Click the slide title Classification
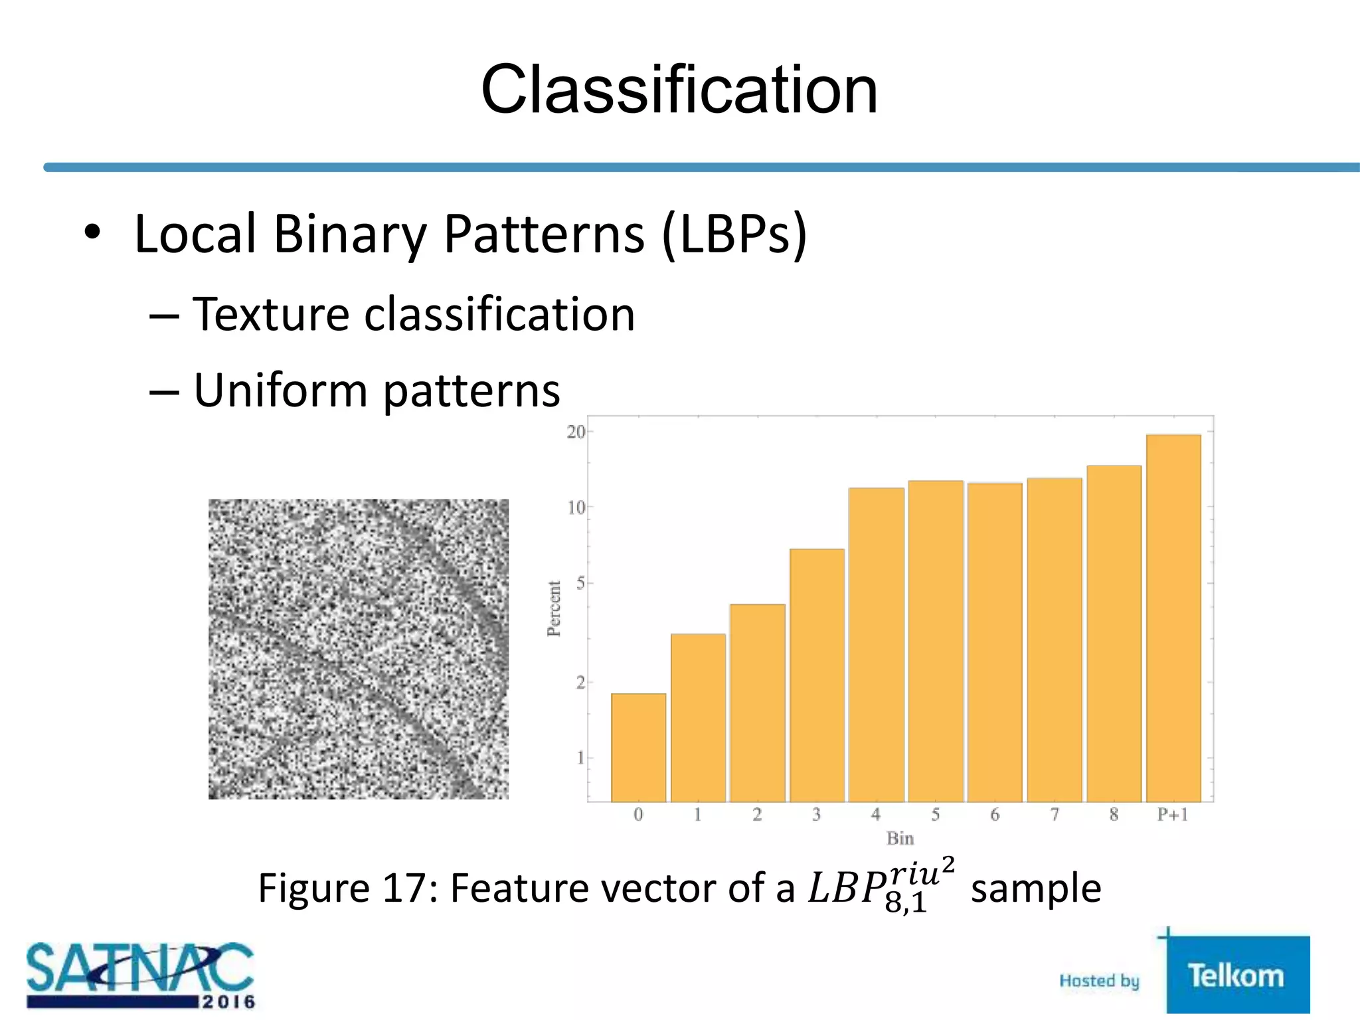(679, 90)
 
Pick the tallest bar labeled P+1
(1173, 618)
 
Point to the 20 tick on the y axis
(576, 432)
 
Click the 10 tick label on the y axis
(576, 508)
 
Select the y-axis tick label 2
(580, 682)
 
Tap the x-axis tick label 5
(935, 815)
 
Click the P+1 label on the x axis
(1173, 815)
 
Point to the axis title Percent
(554, 608)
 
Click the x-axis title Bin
(900, 839)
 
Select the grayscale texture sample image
(359, 649)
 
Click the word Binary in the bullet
(350, 234)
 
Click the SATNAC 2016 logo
(140, 976)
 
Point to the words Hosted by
(1099, 981)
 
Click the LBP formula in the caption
(881, 887)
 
